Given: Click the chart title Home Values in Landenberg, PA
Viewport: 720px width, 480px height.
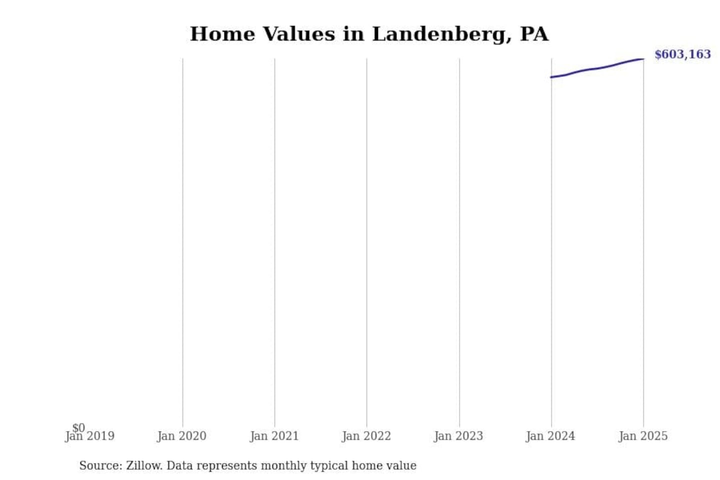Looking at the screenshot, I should click(x=369, y=34).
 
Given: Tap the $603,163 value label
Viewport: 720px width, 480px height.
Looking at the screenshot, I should click(x=682, y=54).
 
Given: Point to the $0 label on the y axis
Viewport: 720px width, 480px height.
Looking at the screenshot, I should click(x=78, y=427).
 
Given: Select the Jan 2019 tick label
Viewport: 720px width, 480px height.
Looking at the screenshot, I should click(x=90, y=436).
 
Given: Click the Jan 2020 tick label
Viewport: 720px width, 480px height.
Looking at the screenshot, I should click(x=181, y=436).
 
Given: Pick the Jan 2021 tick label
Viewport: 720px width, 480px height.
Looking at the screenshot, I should click(x=274, y=436).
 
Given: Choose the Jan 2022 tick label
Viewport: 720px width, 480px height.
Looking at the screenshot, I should click(x=366, y=436).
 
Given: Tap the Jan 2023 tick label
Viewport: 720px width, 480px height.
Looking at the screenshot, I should click(x=458, y=436).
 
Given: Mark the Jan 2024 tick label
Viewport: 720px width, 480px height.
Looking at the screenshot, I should click(x=550, y=436).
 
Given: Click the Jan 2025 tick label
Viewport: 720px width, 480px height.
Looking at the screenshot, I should click(x=643, y=436).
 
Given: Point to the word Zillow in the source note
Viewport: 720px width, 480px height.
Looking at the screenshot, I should click(x=144, y=465).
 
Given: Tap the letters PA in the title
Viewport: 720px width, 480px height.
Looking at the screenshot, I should click(x=534, y=34).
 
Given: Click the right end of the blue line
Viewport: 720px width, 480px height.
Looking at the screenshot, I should click(x=643, y=59).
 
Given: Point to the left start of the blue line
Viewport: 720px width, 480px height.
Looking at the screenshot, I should click(x=551, y=77).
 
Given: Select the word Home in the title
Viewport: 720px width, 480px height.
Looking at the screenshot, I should click(x=222, y=34).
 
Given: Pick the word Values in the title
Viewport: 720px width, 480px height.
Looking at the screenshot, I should click(x=299, y=34).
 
